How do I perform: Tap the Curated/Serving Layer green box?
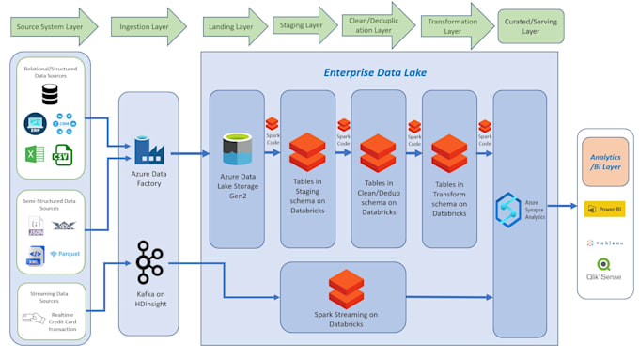(531, 26)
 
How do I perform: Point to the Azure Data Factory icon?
(148, 149)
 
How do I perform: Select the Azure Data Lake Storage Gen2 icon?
(237, 148)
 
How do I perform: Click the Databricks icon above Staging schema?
(307, 151)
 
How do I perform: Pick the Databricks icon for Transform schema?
(449, 152)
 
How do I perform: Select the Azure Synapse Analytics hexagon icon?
(508, 208)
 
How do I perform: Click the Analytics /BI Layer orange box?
(605, 162)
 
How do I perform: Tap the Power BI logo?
(605, 209)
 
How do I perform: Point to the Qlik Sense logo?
(604, 270)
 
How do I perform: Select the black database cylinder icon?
(49, 94)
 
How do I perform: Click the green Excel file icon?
(35, 154)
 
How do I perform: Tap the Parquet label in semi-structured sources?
(66, 254)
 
